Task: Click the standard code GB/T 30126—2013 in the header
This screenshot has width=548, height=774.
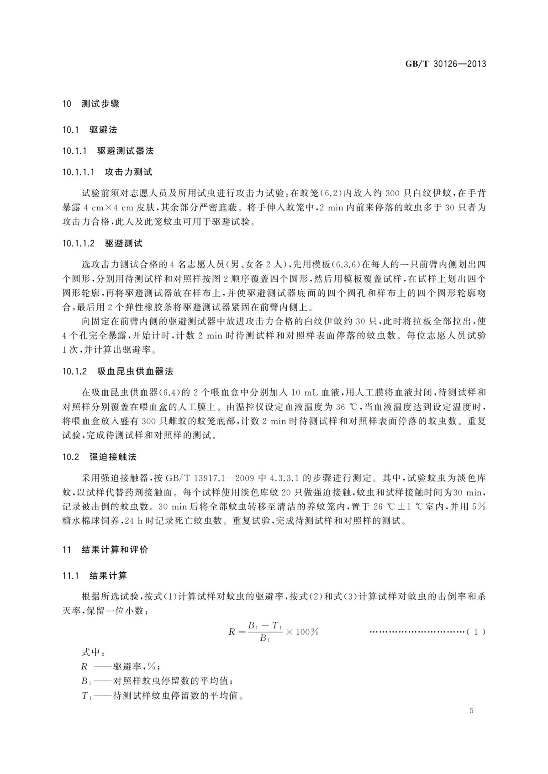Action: tap(446, 64)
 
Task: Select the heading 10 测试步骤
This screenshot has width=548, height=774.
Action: tap(91, 104)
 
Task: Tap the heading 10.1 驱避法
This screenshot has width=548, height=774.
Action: tap(90, 130)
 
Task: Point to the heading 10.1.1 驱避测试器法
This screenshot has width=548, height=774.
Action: tap(108, 151)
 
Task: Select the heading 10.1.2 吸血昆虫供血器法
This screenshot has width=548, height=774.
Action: tap(118, 371)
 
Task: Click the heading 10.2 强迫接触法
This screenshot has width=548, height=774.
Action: tap(100, 457)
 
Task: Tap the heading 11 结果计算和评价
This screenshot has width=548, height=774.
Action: tap(105, 550)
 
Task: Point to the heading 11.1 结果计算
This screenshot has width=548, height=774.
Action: tap(95, 576)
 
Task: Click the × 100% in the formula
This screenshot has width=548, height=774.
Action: tap(302, 632)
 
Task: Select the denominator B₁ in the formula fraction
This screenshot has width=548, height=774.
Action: tap(265, 639)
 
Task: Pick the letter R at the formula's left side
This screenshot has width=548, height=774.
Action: tap(232, 632)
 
